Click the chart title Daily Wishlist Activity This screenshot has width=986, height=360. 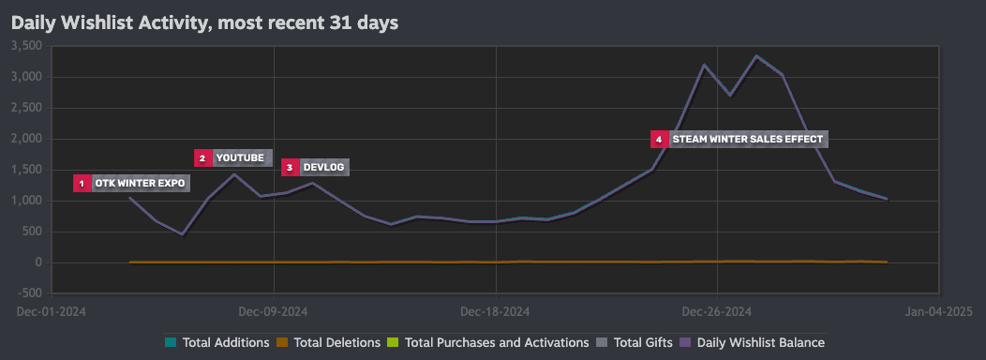(204, 22)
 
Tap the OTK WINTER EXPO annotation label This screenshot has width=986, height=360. (140, 183)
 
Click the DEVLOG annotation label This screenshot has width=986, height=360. (324, 167)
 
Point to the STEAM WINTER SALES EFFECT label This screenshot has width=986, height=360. (747, 139)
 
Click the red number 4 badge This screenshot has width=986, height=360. (659, 139)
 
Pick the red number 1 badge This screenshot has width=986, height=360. (82, 183)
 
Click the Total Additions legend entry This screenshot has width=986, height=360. (217, 343)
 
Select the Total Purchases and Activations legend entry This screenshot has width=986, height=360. (488, 343)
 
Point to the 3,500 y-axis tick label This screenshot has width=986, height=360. (25, 45)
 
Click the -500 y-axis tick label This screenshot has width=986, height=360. (29, 293)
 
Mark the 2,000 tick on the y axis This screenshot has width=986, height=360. (25, 138)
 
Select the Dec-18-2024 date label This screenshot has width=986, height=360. (496, 311)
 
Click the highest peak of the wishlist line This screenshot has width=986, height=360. (756, 56)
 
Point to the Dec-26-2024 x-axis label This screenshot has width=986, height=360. (717, 311)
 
